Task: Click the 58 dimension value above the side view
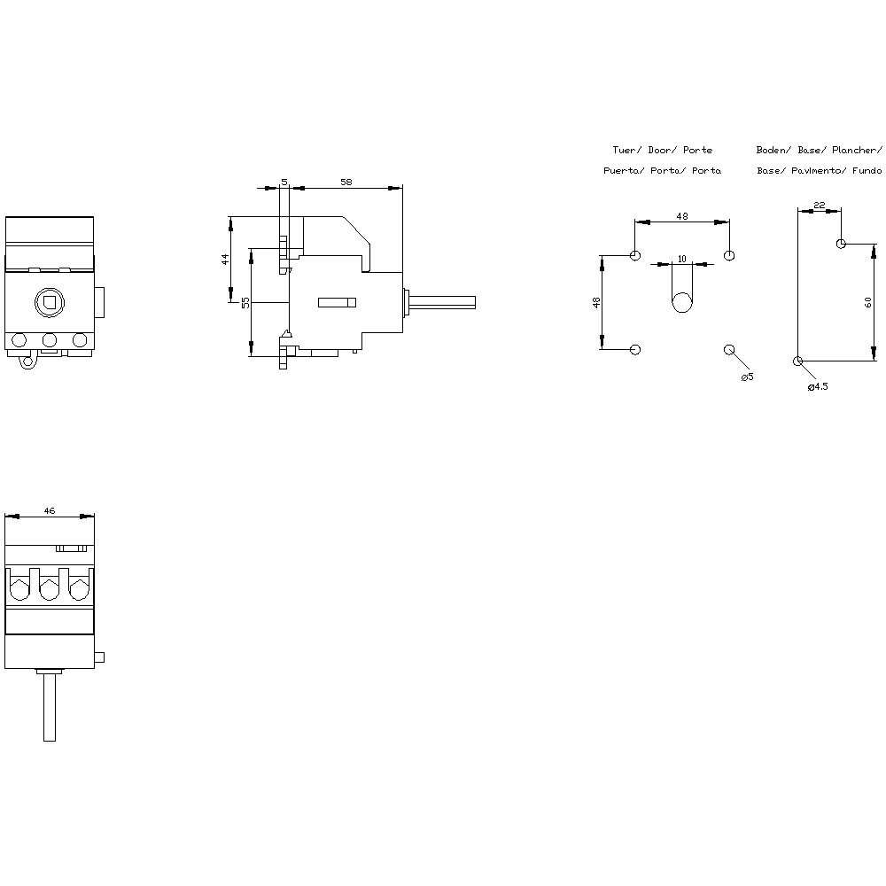[x=346, y=182]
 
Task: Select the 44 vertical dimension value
[x=225, y=260]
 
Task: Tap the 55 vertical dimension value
[x=245, y=303]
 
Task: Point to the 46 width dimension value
[x=50, y=511]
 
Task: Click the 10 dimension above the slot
[x=682, y=259]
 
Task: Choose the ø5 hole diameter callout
[x=747, y=377]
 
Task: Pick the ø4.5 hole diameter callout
[x=818, y=386]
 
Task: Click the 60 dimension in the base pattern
[x=868, y=302]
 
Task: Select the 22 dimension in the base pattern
[x=820, y=206]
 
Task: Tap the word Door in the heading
[x=659, y=150]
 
